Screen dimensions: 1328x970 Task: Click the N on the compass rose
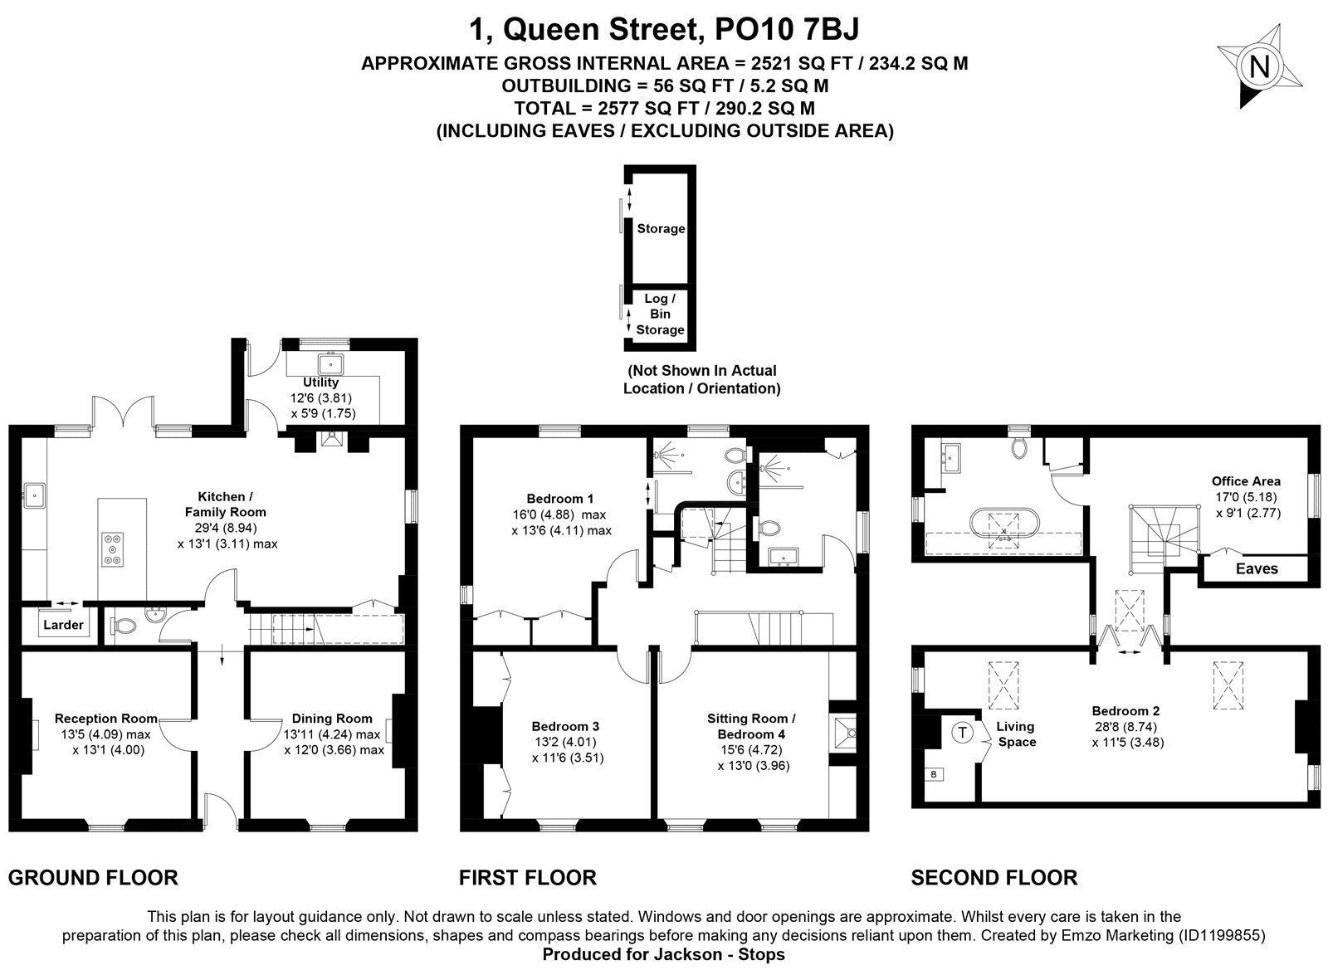(x=1259, y=66)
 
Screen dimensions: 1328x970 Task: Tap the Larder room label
(x=63, y=625)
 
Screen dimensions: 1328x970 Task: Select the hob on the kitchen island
(x=113, y=549)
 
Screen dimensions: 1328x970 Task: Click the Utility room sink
(x=330, y=363)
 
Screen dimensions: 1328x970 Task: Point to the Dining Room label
(x=332, y=719)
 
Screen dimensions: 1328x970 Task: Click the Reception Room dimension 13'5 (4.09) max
(x=105, y=734)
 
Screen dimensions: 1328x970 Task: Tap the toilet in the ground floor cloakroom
(x=123, y=626)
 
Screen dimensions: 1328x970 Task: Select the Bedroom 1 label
(x=559, y=499)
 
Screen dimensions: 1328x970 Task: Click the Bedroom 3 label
(x=565, y=726)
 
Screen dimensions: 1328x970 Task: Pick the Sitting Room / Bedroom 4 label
(x=751, y=726)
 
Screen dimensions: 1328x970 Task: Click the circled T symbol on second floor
(x=962, y=733)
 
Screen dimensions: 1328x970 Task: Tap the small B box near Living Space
(x=935, y=774)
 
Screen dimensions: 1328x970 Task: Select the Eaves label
(x=1257, y=569)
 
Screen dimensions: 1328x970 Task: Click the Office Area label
(x=1246, y=481)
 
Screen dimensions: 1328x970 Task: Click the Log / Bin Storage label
(x=660, y=314)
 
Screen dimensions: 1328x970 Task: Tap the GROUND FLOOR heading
(x=93, y=878)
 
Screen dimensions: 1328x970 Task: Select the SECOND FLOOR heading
(x=994, y=878)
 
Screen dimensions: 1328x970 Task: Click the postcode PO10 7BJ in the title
(x=787, y=29)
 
